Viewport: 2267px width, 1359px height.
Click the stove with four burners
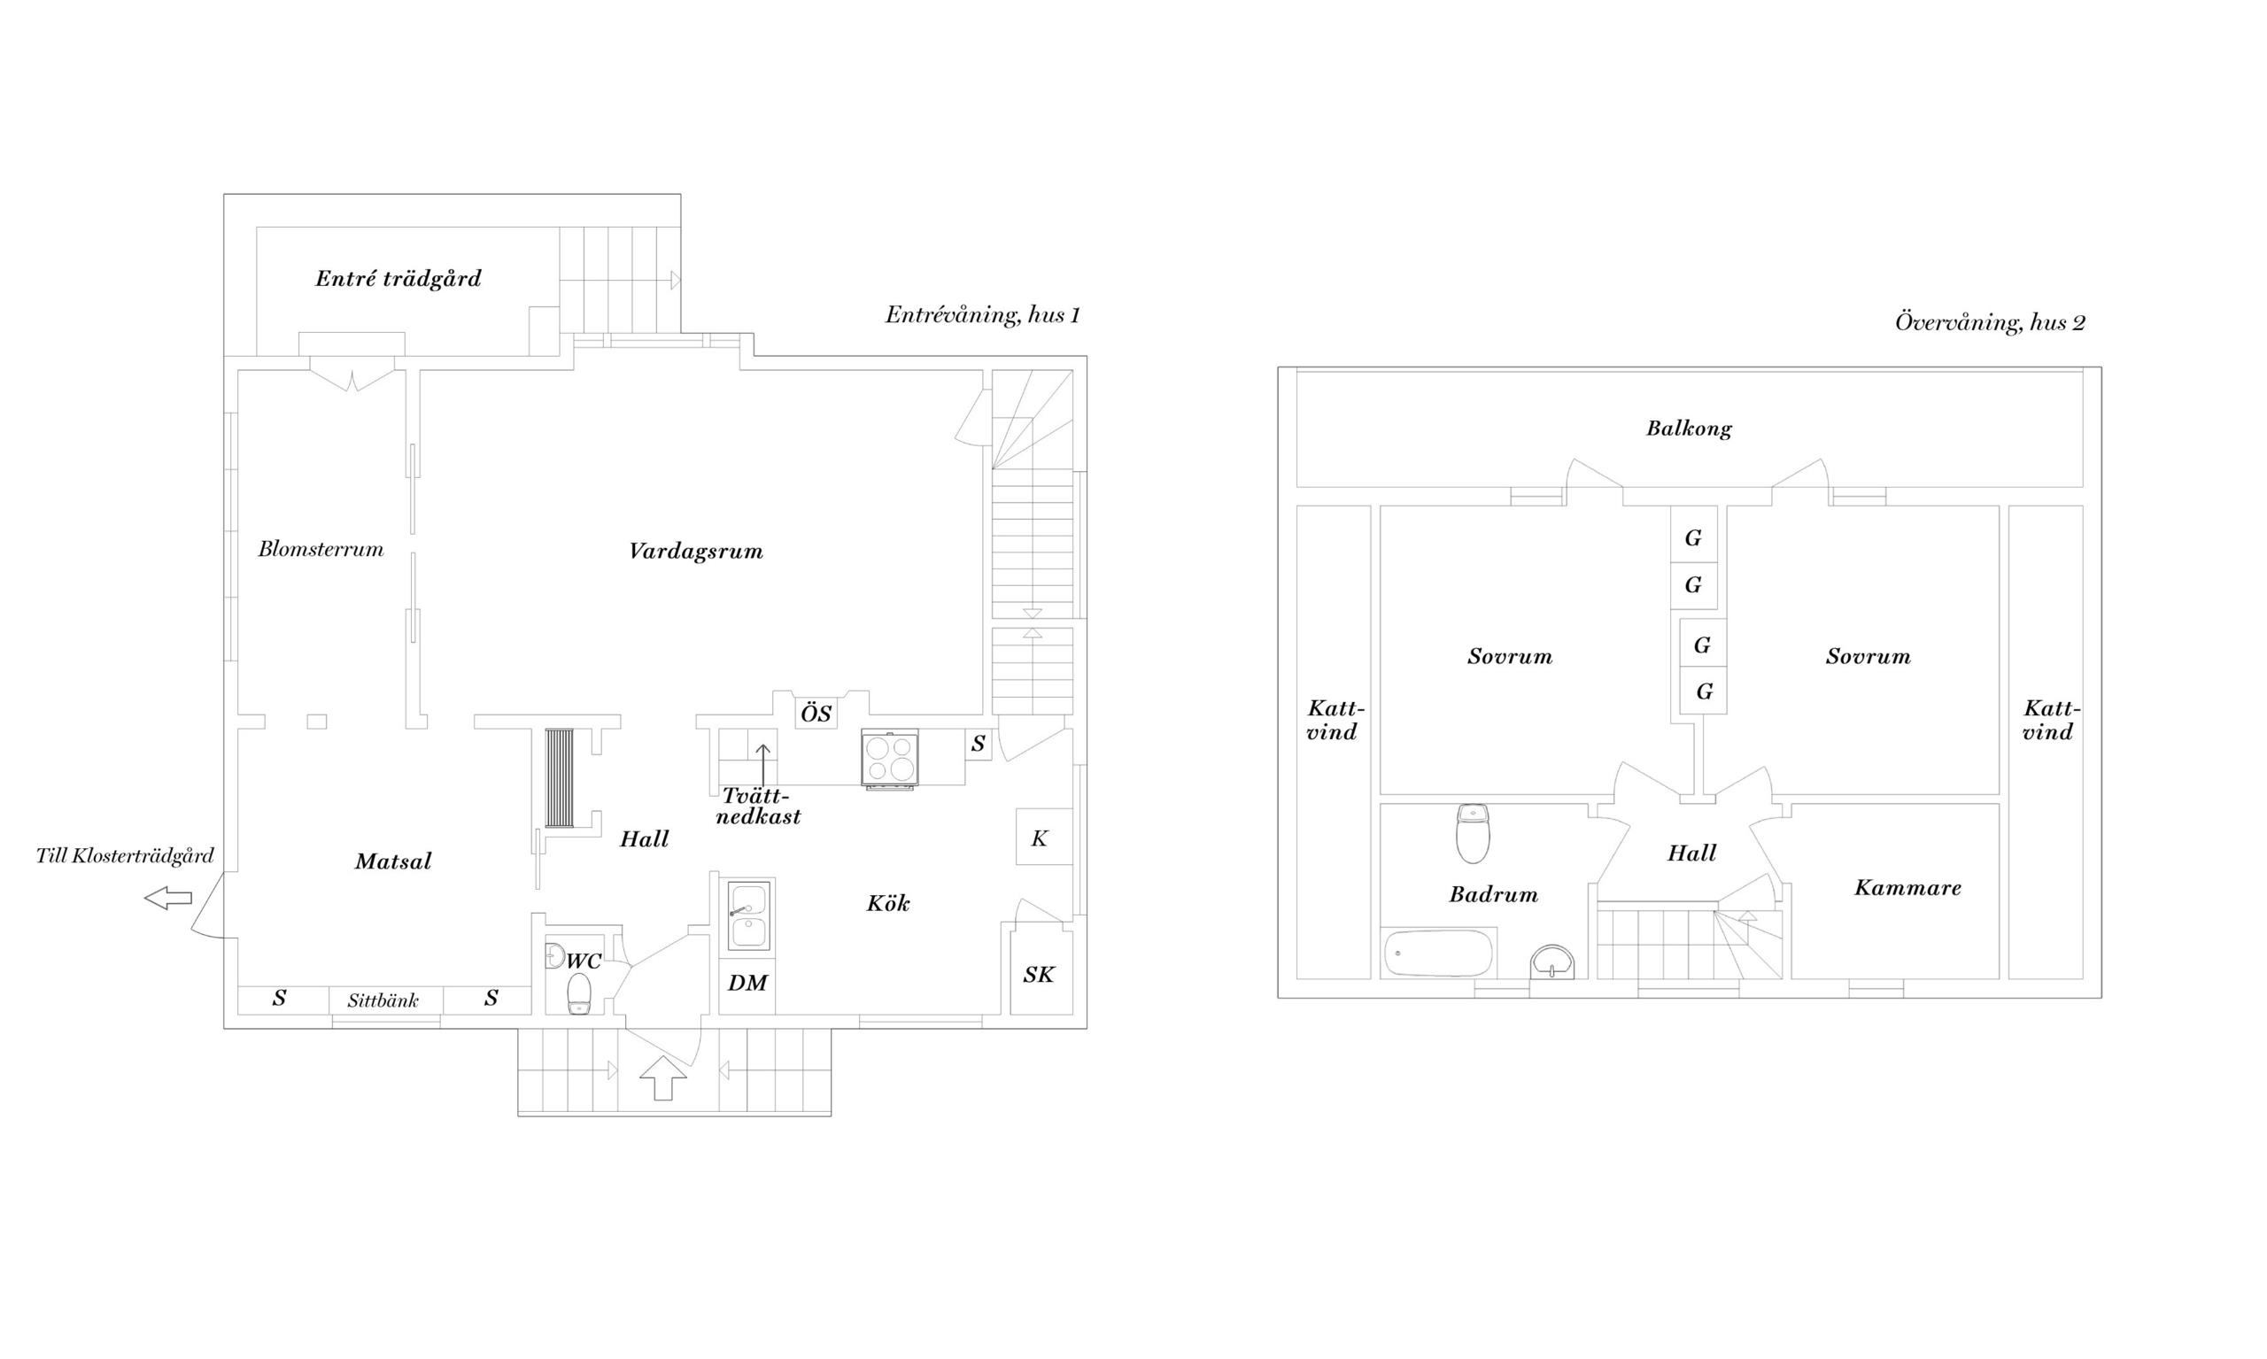888,758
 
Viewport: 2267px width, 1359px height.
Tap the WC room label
584,961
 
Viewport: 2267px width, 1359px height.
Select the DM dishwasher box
747,985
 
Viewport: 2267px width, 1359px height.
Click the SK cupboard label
1039,975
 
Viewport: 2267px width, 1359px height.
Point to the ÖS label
816,713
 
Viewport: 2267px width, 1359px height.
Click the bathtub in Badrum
1438,954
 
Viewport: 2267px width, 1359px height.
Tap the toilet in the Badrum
1472,833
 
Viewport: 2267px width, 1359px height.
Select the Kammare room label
1908,887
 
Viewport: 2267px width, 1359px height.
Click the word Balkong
1689,429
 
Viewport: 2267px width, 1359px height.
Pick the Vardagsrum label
696,552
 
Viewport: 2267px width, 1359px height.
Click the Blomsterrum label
321,549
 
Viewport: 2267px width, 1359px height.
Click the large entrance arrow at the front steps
662,1077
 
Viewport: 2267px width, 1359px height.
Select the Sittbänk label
383,1000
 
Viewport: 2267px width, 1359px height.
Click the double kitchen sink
748,915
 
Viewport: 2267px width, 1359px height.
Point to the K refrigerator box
1043,836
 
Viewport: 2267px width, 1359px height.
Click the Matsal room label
393,861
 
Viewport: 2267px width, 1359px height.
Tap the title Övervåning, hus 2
1990,322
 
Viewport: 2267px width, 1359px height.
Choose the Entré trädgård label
398,278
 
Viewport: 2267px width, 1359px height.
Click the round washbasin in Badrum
1551,962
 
